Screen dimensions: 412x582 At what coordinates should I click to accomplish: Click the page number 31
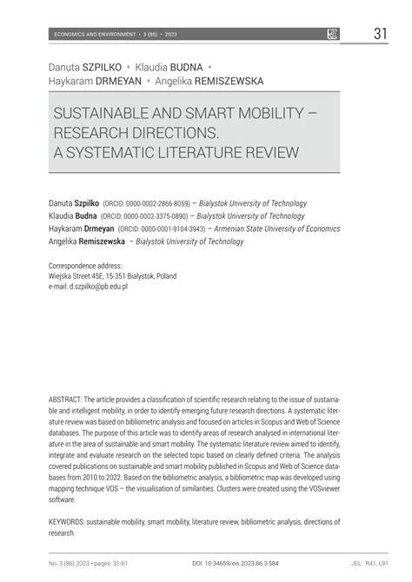379,34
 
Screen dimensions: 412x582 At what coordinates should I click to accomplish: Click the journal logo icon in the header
332,34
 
